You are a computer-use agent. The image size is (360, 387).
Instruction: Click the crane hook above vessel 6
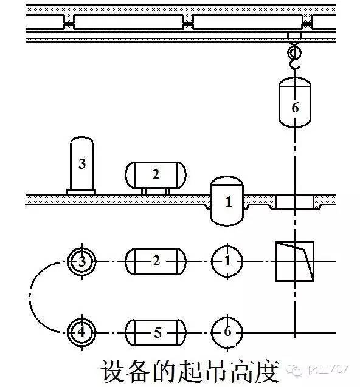coord(294,57)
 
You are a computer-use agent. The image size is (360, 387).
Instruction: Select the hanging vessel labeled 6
coord(294,102)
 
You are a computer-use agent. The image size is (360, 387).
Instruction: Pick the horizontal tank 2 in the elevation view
coord(156,175)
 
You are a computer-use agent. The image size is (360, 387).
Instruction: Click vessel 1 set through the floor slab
coord(227,200)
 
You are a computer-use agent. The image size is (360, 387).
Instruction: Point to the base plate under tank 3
coord(81,192)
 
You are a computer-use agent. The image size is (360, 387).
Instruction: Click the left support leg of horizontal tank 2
coord(144,191)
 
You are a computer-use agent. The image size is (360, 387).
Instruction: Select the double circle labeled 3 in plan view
coord(81,261)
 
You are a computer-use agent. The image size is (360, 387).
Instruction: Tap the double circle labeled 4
coord(81,332)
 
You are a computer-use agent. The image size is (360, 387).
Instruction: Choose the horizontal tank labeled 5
coord(156,332)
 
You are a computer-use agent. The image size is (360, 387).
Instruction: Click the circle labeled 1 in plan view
coord(227,261)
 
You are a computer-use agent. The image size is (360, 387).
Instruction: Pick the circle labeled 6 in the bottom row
coord(227,332)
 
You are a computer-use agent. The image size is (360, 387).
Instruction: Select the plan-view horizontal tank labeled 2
coord(156,262)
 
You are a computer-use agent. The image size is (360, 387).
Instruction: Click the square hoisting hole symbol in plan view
coord(295,261)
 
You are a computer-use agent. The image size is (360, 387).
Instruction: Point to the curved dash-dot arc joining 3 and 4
coord(30,297)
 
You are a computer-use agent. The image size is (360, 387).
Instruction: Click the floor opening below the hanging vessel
coord(295,202)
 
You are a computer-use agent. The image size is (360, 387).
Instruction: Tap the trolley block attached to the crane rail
coord(294,35)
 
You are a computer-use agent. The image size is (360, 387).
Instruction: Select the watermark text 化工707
coord(328,369)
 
